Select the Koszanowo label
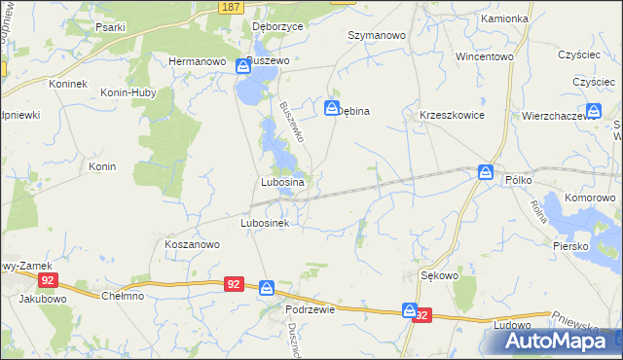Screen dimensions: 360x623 click(x=192, y=245)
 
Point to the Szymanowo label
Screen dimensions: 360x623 click(x=377, y=34)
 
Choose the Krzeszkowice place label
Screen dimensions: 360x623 click(x=452, y=114)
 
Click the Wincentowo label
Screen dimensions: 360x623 click(x=484, y=56)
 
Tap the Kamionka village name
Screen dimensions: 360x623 click(x=503, y=18)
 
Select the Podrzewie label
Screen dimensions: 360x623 click(x=311, y=309)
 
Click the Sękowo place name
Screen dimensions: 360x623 click(x=439, y=275)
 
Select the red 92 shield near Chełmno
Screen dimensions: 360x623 click(x=233, y=284)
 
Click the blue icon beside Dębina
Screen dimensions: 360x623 click(x=332, y=108)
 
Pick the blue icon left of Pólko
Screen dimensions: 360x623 click(x=486, y=172)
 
